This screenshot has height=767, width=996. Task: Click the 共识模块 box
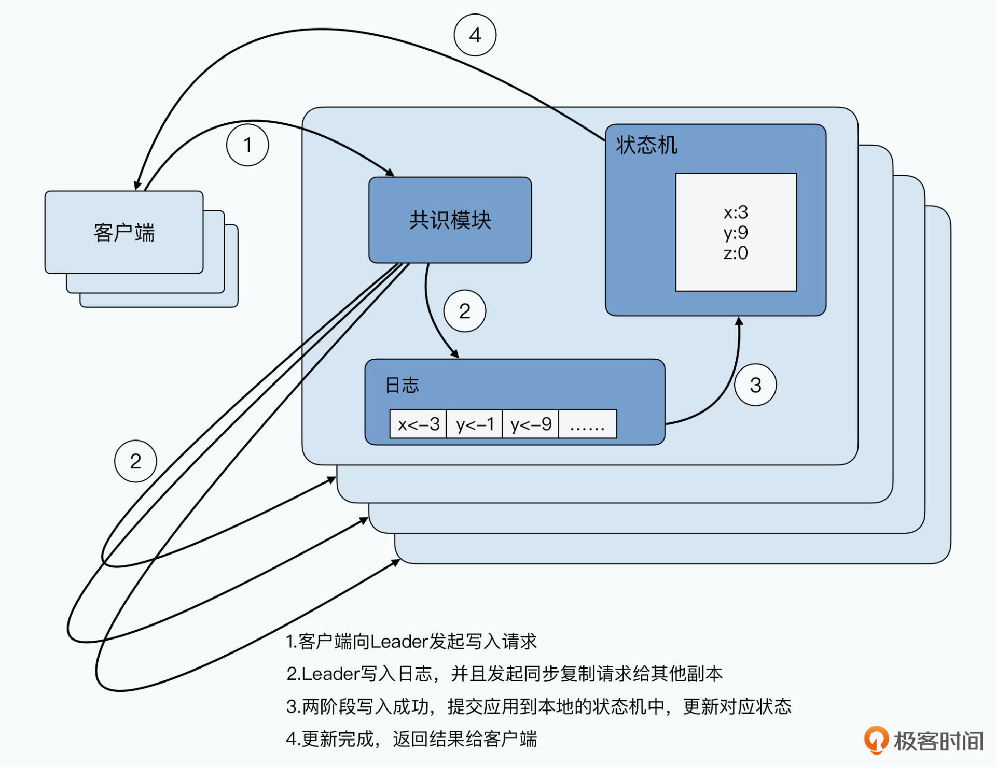pos(450,220)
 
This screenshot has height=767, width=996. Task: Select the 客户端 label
pos(124,233)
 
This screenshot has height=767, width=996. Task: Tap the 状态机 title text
pos(646,145)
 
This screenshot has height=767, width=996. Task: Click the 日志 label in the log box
pos(402,385)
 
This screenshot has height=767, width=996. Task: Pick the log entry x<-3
pos(418,424)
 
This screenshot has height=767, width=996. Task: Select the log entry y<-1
pos(475,424)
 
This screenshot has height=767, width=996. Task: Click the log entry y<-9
pos(531,424)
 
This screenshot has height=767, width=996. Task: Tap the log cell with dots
pos(587,424)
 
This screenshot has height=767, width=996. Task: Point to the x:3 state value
pos(736,212)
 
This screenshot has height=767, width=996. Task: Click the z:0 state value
pos(736,253)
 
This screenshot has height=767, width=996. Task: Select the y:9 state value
pos(736,233)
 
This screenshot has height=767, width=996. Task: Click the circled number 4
pos(475,35)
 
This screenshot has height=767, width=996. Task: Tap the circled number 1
pos(247,145)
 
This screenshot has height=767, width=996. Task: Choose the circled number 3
pos(755,385)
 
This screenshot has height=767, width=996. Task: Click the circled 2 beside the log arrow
pos(465,311)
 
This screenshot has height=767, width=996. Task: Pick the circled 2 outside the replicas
pos(135,461)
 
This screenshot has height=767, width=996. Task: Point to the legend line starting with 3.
pos(538,706)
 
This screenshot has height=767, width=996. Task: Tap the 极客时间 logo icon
pos(876,740)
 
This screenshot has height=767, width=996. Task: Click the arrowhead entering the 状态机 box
pos(739,321)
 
